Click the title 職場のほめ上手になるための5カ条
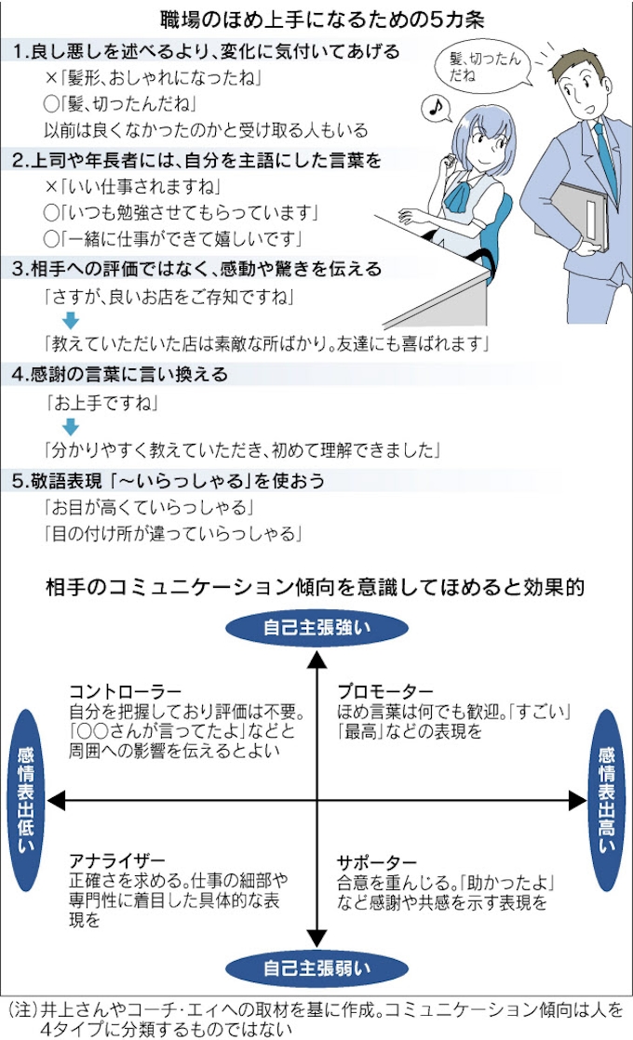[x=322, y=20]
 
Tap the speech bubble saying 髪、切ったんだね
[x=484, y=67]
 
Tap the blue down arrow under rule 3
[x=71, y=320]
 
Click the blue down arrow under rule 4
[x=71, y=426]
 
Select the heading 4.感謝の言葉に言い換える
[x=120, y=375]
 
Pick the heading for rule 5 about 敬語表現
[x=168, y=481]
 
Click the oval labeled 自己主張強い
[x=316, y=628]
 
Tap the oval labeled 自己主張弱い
[x=316, y=968]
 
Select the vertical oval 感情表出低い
[x=26, y=800]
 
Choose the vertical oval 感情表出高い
[x=606, y=800]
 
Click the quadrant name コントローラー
[x=126, y=692]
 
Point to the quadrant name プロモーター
[x=384, y=692]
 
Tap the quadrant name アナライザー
[x=117, y=860]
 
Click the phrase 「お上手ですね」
[x=101, y=403]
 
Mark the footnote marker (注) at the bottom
[x=22, y=1010]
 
